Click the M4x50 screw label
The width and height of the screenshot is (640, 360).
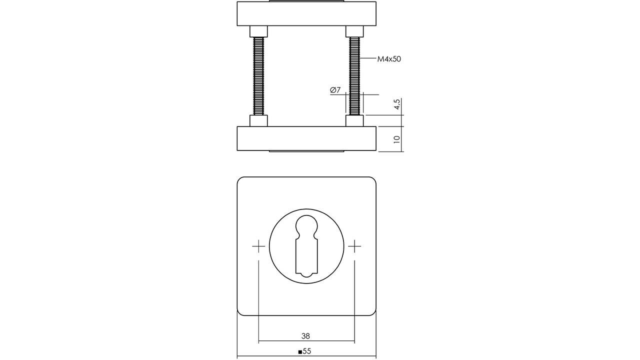pos(389,59)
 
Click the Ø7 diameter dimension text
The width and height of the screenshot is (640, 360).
pos(335,90)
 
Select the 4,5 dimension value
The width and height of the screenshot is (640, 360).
pos(397,105)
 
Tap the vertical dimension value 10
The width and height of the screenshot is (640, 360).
pos(397,139)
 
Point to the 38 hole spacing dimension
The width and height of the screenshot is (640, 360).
pos(305,336)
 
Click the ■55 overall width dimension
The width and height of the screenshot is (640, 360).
pos(305,351)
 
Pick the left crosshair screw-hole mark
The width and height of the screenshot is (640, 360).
pos(258,246)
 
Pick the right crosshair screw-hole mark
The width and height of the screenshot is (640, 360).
pos(354,246)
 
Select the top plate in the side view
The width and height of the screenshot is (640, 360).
pos(306,13)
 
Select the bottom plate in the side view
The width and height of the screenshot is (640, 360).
pos(306,138)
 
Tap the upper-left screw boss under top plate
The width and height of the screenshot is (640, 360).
pos(258,31)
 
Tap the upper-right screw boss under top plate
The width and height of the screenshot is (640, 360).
pos(354,31)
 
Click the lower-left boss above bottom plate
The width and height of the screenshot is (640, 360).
pos(258,120)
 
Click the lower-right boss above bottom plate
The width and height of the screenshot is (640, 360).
pos(354,120)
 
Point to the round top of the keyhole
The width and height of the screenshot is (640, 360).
pos(306,226)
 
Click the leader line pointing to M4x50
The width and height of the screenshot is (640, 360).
pos(369,59)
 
